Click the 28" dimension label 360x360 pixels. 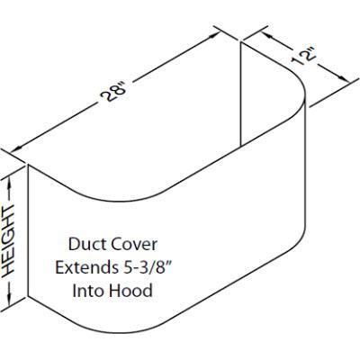point(117,93)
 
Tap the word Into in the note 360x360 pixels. point(90,292)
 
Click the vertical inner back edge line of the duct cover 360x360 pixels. point(242,99)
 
